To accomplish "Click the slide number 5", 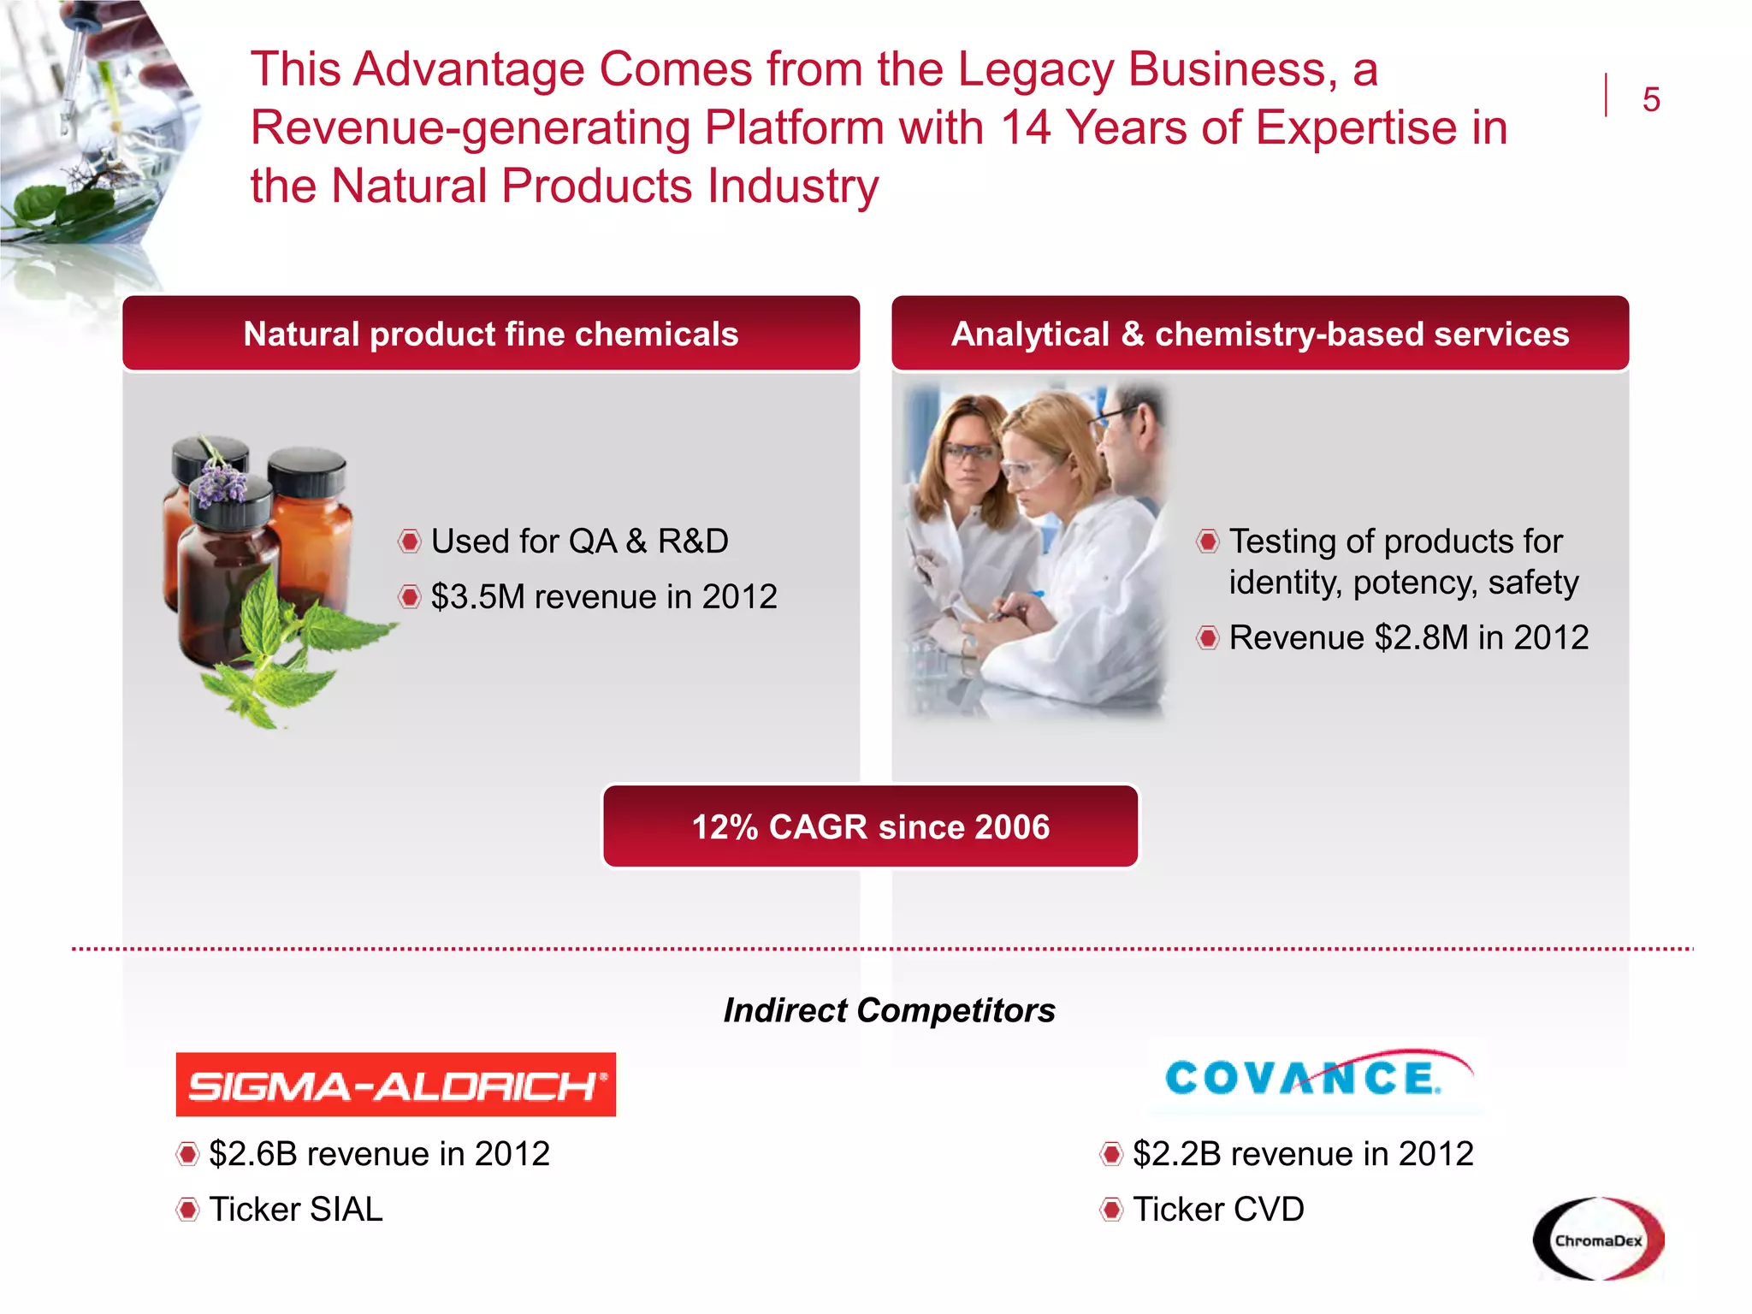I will [x=1650, y=99].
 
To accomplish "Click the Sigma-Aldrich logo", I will [x=395, y=1084].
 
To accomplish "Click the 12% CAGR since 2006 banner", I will [x=870, y=826].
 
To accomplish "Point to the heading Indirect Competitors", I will [x=889, y=1010].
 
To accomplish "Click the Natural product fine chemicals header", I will [x=490, y=334].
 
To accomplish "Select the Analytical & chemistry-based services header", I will [x=1259, y=334].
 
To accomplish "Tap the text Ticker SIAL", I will [x=295, y=1209].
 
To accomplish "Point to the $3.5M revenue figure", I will [x=476, y=596].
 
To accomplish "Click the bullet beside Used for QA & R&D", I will [x=410, y=542].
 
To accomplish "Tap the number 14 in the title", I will [x=1025, y=127].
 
